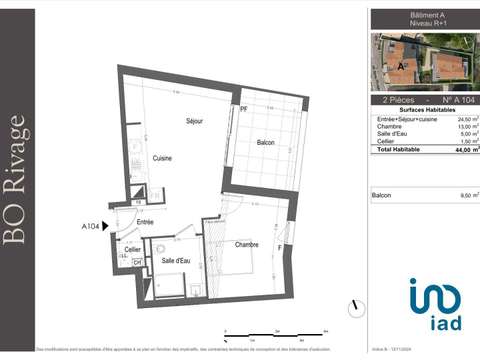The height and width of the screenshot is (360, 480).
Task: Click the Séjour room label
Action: (195, 121)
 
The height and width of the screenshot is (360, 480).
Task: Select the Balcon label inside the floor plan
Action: (265, 143)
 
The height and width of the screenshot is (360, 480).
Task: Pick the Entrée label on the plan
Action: (145, 222)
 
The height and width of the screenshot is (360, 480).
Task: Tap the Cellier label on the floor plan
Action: (119, 250)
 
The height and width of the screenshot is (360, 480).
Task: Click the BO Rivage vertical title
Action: (17, 180)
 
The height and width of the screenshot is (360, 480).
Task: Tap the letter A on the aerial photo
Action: (401, 64)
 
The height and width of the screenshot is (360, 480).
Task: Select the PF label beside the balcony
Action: (242, 107)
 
